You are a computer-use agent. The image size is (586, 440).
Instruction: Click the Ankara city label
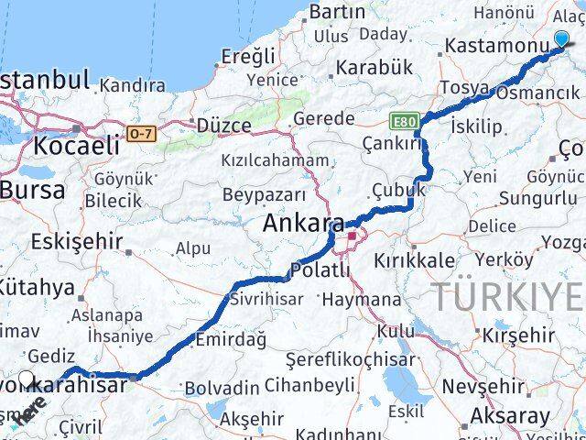pos(304,225)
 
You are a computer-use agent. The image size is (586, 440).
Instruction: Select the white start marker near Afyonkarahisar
pos(26,379)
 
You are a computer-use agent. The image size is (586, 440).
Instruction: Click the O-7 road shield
pos(139,134)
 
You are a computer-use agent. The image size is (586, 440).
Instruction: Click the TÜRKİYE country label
pos(508,297)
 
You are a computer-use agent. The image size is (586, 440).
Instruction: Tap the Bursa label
pos(33,191)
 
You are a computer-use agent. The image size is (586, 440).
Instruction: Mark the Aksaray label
pos(510,415)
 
